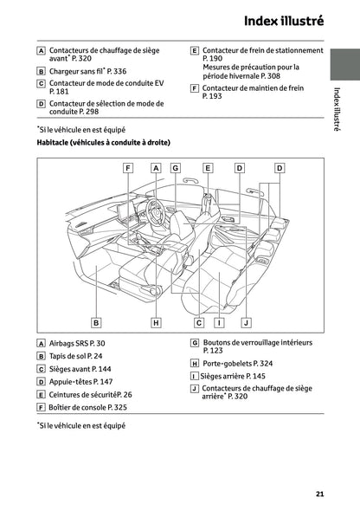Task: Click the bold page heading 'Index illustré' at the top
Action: (x=284, y=21)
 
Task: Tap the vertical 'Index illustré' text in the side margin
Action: (x=337, y=109)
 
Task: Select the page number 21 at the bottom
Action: (x=319, y=494)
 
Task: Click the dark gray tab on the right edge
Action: (x=345, y=65)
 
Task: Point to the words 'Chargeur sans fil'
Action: (x=75, y=71)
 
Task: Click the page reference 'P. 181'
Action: (x=59, y=91)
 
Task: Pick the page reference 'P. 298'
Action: (x=88, y=112)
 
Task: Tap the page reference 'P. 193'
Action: (x=212, y=96)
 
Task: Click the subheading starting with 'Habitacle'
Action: (x=104, y=142)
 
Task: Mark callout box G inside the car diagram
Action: (x=176, y=168)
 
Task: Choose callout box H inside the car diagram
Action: (x=157, y=323)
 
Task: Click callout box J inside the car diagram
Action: (x=247, y=323)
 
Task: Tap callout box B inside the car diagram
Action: (x=96, y=323)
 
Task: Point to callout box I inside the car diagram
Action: (x=219, y=323)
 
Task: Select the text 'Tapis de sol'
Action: (x=67, y=356)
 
